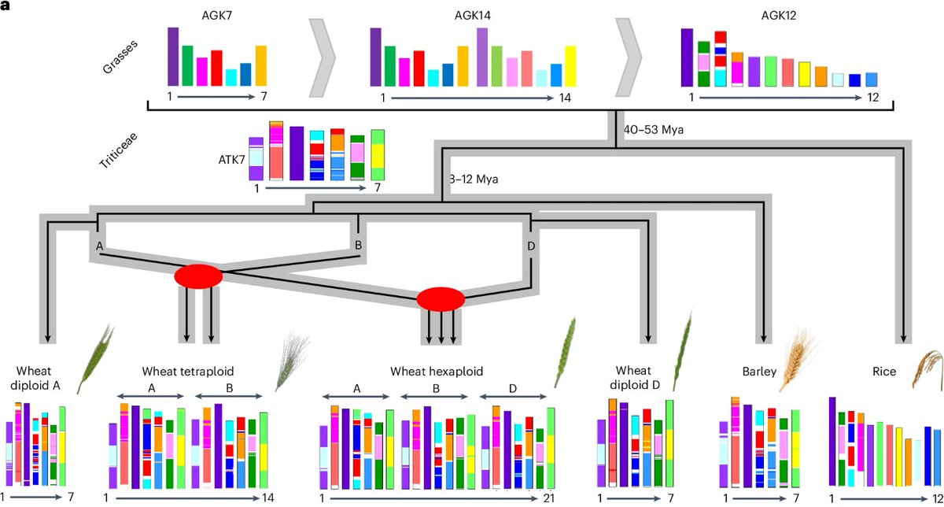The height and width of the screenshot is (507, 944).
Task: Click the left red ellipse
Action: tap(197, 277)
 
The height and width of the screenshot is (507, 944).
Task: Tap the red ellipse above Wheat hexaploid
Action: tap(441, 299)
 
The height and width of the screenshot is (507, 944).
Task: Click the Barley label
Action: tap(759, 371)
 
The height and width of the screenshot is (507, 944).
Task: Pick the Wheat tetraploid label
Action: tap(189, 371)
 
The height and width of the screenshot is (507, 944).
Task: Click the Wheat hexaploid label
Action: tap(437, 371)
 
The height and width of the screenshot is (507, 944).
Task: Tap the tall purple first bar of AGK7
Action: tap(173, 56)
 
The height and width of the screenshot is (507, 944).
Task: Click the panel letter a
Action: tap(6, 6)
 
